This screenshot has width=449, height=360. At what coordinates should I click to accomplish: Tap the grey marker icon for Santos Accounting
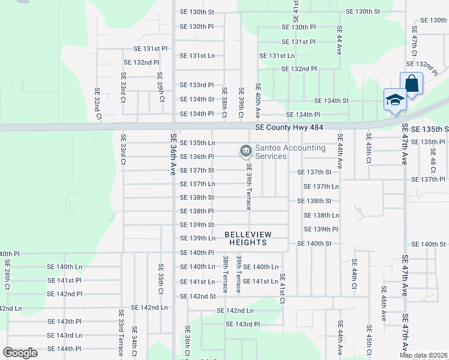246,152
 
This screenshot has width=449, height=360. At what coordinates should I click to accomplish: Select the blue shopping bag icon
412,84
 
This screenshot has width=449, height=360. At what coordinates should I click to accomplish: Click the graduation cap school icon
395,100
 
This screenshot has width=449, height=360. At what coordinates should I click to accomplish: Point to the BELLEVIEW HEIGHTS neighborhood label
249,238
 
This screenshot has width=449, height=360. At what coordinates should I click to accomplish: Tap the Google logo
20,353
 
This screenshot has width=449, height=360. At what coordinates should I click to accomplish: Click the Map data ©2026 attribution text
423,355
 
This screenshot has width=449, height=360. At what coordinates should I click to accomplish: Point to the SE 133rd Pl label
197,85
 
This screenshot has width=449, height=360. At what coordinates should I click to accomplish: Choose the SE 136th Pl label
197,157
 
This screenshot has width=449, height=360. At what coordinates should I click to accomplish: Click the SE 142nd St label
197,296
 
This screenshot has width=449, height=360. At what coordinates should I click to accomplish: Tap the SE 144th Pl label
64,349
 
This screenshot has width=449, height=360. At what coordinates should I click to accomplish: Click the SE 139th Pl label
321,229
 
